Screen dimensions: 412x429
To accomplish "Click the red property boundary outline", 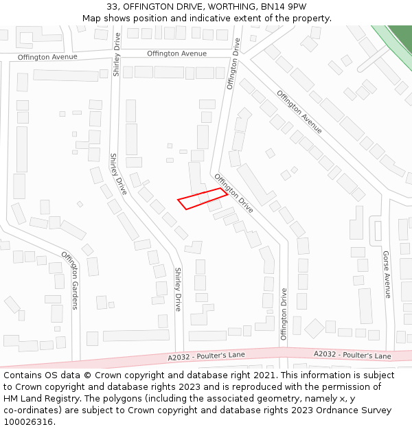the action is coord(203,198).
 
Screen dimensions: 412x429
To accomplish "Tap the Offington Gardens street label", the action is coord(71,280).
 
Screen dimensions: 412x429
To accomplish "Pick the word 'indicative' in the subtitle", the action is coord(210,19).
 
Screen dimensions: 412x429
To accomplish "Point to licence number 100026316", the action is coord(28,422).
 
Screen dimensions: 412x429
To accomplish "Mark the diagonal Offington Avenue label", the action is coord(299,112).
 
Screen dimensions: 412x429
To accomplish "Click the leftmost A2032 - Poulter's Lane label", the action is coord(206,356).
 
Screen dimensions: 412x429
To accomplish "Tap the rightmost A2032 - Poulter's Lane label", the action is coord(352,356).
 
